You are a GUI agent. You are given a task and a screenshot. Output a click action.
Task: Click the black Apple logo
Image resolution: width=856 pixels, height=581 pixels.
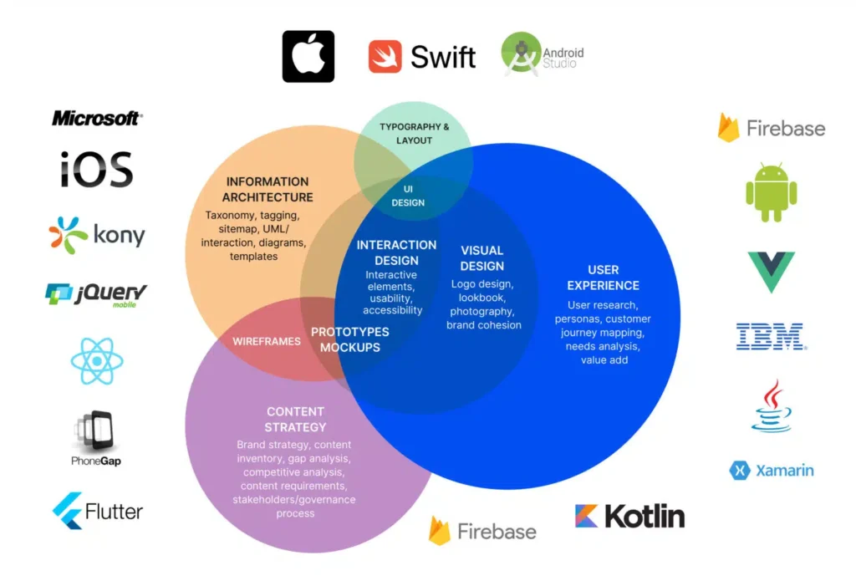click(308, 56)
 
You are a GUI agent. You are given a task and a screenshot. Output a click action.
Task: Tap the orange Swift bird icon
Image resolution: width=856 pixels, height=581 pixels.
click(385, 56)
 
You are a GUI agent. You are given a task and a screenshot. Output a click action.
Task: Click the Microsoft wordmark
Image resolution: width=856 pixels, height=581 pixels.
click(97, 119)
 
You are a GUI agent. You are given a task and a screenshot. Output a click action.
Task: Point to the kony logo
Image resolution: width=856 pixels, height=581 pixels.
click(97, 235)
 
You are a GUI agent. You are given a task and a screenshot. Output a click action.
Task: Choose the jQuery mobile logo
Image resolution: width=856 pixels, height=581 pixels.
click(97, 294)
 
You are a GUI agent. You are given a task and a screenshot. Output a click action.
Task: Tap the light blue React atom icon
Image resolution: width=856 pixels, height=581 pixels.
click(97, 361)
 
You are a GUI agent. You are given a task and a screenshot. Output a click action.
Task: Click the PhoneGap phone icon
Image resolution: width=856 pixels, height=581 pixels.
click(96, 431)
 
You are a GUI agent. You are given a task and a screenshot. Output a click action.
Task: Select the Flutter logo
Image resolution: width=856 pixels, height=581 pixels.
click(98, 510)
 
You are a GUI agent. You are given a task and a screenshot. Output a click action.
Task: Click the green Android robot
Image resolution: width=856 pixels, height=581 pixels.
click(771, 192)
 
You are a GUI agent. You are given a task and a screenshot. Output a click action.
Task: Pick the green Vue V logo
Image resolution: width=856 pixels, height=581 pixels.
click(771, 272)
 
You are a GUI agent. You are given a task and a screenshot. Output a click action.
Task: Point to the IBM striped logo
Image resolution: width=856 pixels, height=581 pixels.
click(770, 336)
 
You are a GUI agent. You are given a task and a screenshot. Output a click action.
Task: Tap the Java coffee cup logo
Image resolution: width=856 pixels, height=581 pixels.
click(771, 406)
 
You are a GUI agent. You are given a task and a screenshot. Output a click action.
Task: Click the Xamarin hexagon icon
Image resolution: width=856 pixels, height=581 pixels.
click(739, 471)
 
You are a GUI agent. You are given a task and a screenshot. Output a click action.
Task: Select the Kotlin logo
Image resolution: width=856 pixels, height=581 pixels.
click(629, 516)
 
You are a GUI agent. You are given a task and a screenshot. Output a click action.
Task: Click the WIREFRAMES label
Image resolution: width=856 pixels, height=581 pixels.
click(267, 341)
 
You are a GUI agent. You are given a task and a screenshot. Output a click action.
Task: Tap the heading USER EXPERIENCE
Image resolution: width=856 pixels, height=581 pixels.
click(604, 278)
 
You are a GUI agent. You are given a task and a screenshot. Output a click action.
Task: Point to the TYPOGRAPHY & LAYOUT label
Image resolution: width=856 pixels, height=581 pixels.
click(414, 134)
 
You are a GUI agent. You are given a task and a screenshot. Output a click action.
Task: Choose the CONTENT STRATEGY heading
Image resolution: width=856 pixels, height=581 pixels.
click(295, 420)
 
